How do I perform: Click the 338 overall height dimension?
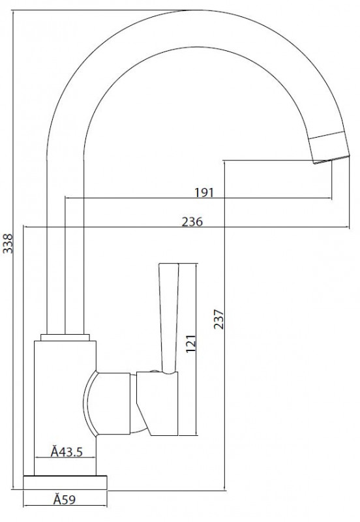pyautogui.click(x=8, y=243)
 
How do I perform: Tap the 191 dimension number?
pyautogui.click(x=204, y=192)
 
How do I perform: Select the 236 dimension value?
pyautogui.click(x=192, y=222)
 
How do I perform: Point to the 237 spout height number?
pyautogui.click(x=218, y=319)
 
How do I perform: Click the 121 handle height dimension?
pyautogui.click(x=190, y=344)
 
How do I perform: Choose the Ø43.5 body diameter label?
pyautogui.click(x=67, y=452)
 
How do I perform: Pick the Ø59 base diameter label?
pyautogui.click(x=65, y=499)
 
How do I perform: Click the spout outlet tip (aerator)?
pyautogui.click(x=329, y=148)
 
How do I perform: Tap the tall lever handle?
pyautogui.click(x=169, y=318)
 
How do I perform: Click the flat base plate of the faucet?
pyautogui.click(x=65, y=482)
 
